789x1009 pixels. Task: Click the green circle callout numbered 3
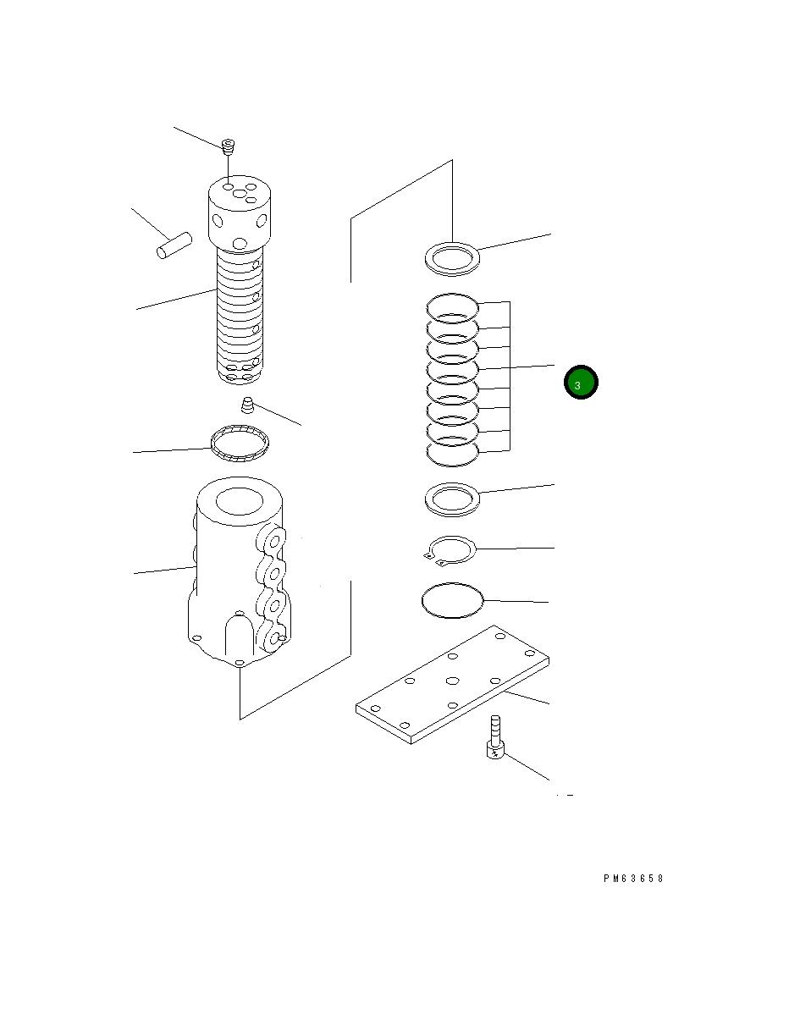click(x=582, y=383)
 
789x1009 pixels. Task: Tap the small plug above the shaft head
click(x=227, y=147)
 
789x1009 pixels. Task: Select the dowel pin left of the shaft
click(x=174, y=246)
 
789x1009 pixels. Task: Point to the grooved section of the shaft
click(x=239, y=313)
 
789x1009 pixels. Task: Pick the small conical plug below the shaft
click(x=248, y=405)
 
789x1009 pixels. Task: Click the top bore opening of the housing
click(x=241, y=501)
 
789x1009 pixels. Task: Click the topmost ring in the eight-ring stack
click(x=452, y=305)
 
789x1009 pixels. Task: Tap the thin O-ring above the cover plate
click(x=452, y=600)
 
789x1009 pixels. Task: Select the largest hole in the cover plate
click(x=452, y=681)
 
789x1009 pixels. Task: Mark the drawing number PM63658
click(x=633, y=879)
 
